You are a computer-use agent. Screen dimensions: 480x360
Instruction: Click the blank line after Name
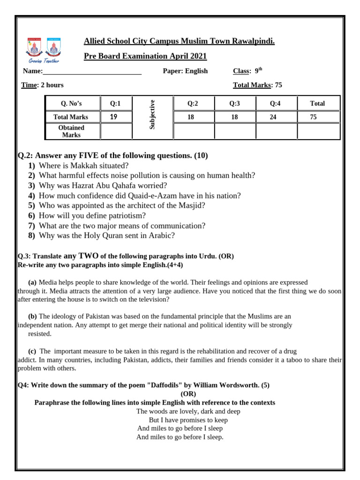pyautogui.click(x=92, y=72)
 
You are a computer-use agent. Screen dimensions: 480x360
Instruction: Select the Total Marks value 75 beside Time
pyautogui.click(x=278, y=85)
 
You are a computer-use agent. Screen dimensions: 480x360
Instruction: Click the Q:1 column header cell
pyautogui.click(x=115, y=104)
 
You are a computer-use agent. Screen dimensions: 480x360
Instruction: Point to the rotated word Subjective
pyautogui.click(x=152, y=114)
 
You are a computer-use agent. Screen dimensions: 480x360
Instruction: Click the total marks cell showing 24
pyautogui.click(x=273, y=117)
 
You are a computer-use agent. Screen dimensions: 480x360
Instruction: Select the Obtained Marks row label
pyautogui.click(x=71, y=131)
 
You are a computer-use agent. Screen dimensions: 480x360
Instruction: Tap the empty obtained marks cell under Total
pyautogui.click(x=317, y=131)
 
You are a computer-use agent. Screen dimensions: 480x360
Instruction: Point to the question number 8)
pyautogui.click(x=31, y=235)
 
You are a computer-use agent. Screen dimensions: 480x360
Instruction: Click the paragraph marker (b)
pyautogui.click(x=32, y=316)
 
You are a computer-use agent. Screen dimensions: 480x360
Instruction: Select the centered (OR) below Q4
pyautogui.click(x=188, y=394)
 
